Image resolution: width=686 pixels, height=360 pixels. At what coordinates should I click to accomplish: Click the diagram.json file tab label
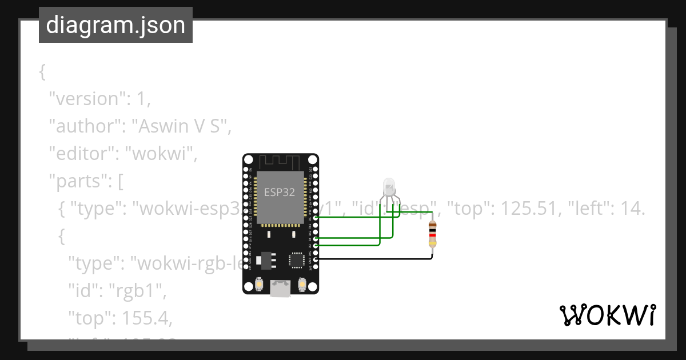coord(115,25)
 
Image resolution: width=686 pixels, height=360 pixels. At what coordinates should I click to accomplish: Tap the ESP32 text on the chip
coord(280,192)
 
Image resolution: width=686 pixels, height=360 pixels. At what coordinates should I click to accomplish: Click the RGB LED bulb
coord(388,186)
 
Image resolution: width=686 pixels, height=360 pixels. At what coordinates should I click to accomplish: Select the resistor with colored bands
coord(433,235)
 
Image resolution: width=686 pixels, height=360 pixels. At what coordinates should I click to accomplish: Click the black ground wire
coord(377,259)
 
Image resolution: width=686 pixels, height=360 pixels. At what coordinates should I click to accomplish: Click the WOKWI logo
coord(607,315)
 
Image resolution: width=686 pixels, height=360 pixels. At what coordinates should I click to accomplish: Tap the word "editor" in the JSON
coord(82,154)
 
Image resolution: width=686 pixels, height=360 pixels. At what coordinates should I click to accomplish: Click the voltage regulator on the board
coord(265,260)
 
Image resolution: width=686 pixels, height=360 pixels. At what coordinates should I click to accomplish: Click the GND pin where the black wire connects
coord(315,259)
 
